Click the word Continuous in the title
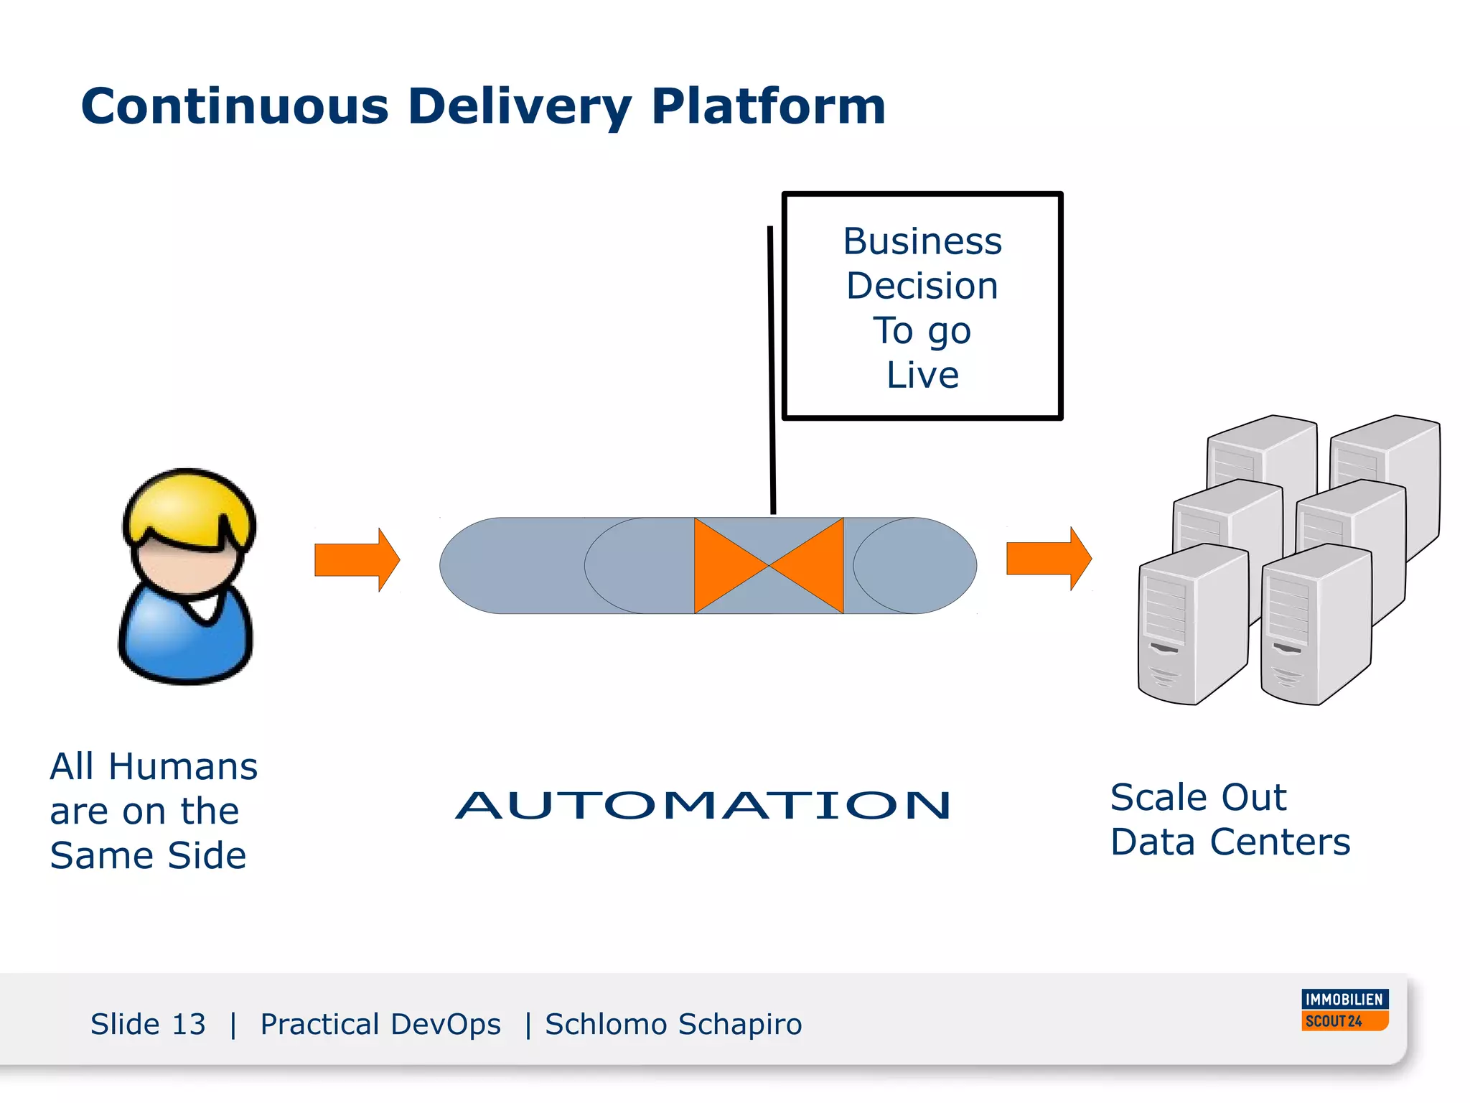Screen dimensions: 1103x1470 point(235,106)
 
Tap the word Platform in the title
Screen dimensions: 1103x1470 point(768,106)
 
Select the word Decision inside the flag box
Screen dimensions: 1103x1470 point(922,286)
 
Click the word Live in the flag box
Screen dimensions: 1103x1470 point(922,375)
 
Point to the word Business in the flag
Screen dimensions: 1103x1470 point(922,241)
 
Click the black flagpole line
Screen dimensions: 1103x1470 point(772,373)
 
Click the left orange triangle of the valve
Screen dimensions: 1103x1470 point(721,565)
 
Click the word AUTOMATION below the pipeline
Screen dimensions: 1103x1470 point(703,805)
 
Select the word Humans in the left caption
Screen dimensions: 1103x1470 point(183,766)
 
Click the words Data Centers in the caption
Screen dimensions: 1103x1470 point(1230,842)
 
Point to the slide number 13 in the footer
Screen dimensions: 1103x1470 point(189,1024)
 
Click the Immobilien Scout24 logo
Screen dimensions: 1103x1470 point(1344,1010)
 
